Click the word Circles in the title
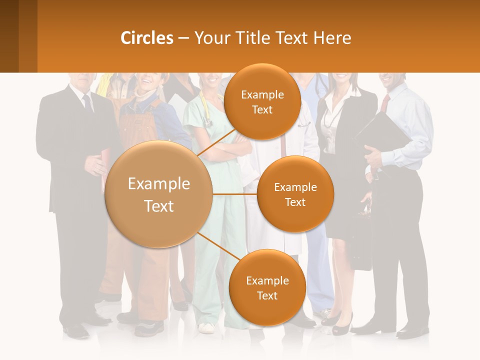pyautogui.click(x=147, y=38)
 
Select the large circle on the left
pyautogui.click(x=158, y=194)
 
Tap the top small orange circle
pyautogui.click(x=262, y=101)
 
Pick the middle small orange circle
pyautogui.click(x=295, y=194)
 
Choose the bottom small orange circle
pyautogui.click(x=267, y=287)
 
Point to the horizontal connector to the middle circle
pyautogui.click(x=234, y=194)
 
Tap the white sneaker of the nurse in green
pyautogui.click(x=205, y=328)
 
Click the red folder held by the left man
pyautogui.click(x=105, y=160)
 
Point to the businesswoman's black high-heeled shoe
pyautogui.click(x=342, y=325)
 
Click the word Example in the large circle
pyautogui.click(x=158, y=184)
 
